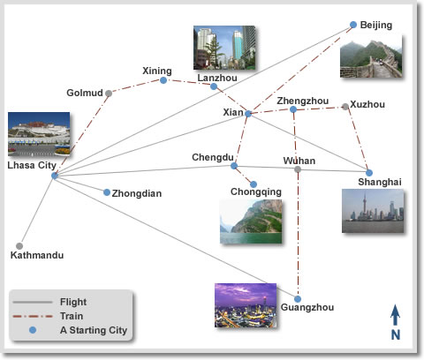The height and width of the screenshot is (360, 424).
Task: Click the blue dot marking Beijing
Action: pyautogui.click(x=353, y=25)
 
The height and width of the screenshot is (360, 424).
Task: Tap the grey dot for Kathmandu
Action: pyautogui.click(x=19, y=246)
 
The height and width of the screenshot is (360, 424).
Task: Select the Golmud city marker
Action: pyautogui.click(x=109, y=94)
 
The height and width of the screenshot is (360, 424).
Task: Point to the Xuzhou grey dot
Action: pyautogui.click(x=345, y=107)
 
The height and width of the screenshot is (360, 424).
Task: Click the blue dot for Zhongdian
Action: pyautogui.click(x=107, y=192)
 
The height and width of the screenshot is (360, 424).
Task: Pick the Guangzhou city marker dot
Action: pyautogui.click(x=298, y=299)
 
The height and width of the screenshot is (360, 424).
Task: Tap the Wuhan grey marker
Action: pyautogui.click(x=298, y=169)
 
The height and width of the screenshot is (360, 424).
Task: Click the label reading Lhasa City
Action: pyautogui.click(x=32, y=165)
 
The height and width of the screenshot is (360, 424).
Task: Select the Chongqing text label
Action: pyautogui.click(x=256, y=192)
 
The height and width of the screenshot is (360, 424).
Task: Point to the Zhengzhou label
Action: pyautogui.click(x=303, y=101)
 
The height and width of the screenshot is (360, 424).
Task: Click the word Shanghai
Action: pyautogui.click(x=380, y=182)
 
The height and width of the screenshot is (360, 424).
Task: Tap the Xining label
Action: pyautogui.click(x=157, y=71)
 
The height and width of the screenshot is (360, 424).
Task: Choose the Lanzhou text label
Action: pyautogui.click(x=217, y=78)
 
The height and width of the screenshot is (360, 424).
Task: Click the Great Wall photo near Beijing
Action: pyautogui.click(x=371, y=59)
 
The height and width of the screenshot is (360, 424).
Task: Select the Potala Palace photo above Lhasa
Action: pyautogui.click(x=39, y=134)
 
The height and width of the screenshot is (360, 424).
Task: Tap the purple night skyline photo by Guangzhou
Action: pyautogui.click(x=246, y=305)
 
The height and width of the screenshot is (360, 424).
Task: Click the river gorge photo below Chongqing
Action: pyautogui.click(x=251, y=221)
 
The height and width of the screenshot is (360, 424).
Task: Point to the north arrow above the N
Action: pyautogui.click(x=395, y=315)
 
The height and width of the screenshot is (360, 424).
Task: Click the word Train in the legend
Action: pyautogui.click(x=72, y=316)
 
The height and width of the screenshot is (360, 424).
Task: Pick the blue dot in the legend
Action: pyautogui.click(x=33, y=330)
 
